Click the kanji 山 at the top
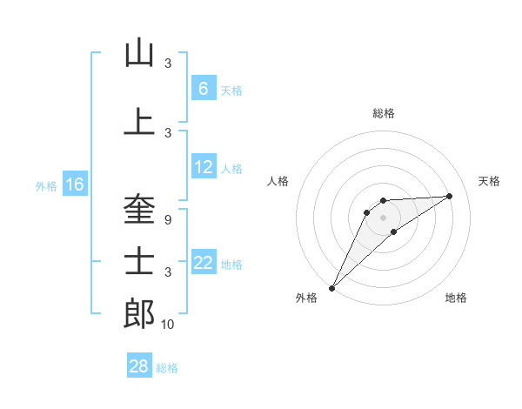tap(139, 54)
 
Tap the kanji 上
tap(139, 122)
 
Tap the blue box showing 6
tap(203, 89)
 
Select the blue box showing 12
tap(204, 168)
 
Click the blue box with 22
tap(204, 263)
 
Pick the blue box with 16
tap(75, 184)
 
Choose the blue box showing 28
tap(139, 366)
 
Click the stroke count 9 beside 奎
tap(168, 220)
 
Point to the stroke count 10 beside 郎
tap(168, 325)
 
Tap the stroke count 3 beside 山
tap(168, 64)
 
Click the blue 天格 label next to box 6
tap(231, 90)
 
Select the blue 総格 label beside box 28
tap(167, 367)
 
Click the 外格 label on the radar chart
tap(306, 298)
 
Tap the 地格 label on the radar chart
tap(456, 298)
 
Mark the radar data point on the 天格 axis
tap(450, 196)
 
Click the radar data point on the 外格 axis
tap(331, 287)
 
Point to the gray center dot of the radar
tap(383, 217)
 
